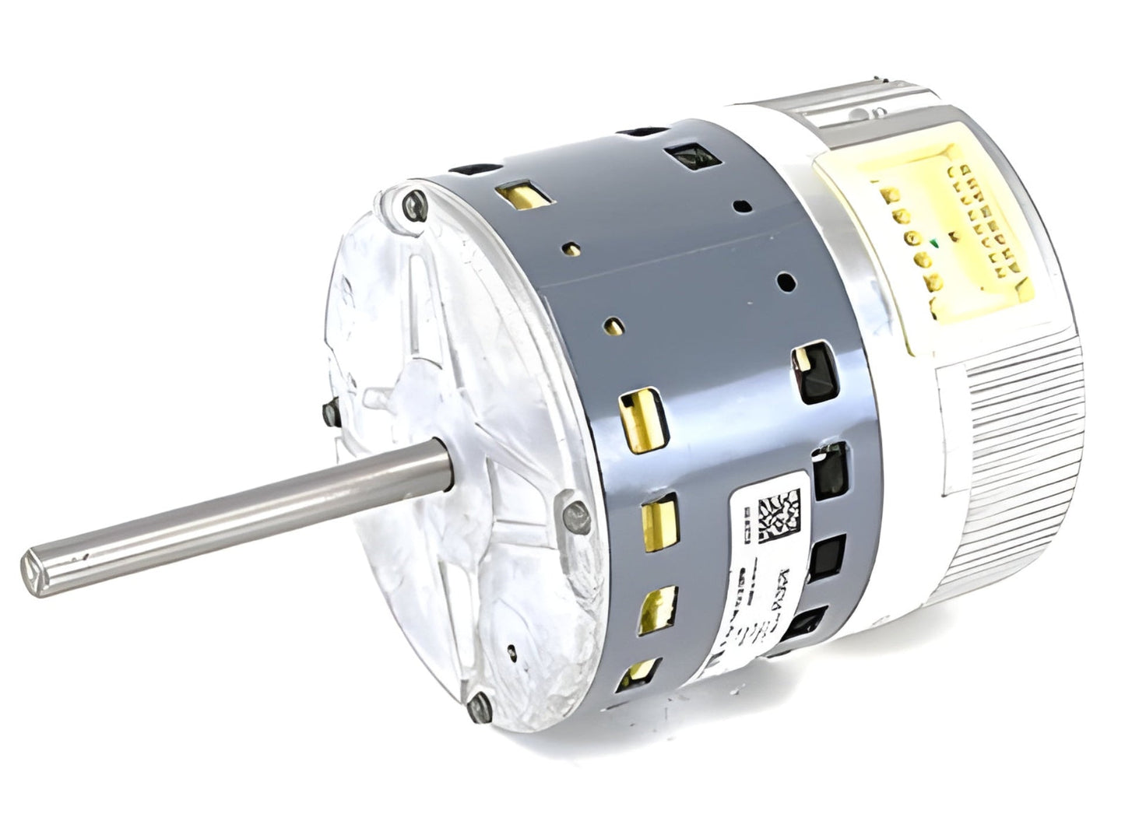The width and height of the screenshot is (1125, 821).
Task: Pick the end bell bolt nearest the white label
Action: coord(572,512)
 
